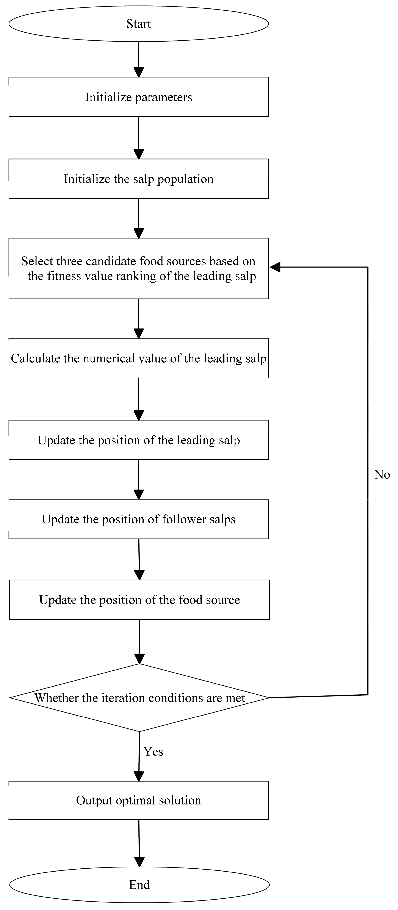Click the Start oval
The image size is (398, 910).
[x=139, y=24]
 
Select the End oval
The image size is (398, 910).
[x=139, y=885]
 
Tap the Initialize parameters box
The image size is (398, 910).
[x=139, y=97]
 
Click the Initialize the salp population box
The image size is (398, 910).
[x=139, y=179]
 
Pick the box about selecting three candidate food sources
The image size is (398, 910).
[x=139, y=269]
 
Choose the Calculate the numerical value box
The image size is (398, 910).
[x=139, y=358]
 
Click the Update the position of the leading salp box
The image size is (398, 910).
[x=139, y=440]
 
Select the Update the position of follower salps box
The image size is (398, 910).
[x=139, y=519]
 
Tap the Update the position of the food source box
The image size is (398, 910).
[x=139, y=599]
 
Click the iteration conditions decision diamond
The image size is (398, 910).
[x=139, y=698]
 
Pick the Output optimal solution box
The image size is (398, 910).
[x=139, y=800]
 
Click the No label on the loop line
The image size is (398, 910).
[x=382, y=474]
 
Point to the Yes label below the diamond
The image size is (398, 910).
[x=153, y=751]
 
